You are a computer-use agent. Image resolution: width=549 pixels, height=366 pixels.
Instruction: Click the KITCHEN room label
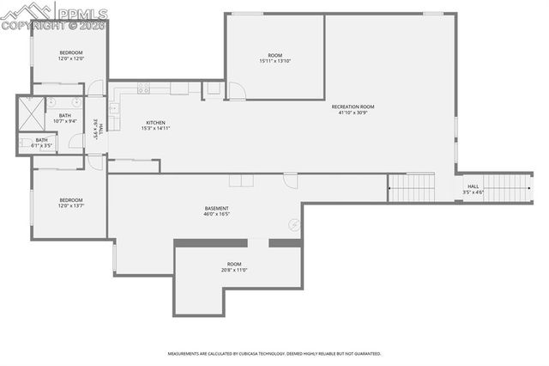155,123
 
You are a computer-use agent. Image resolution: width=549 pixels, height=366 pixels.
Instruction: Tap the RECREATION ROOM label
356,107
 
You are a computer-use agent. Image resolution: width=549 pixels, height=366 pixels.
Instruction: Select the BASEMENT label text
216,208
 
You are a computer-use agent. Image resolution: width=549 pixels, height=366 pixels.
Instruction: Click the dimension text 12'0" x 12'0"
70,59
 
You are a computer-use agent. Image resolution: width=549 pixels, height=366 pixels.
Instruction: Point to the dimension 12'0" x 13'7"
70,205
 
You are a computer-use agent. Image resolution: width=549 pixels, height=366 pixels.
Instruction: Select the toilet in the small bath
23,143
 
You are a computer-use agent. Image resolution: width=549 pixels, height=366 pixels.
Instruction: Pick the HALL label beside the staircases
474,186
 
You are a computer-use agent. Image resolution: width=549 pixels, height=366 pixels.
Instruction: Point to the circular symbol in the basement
294,224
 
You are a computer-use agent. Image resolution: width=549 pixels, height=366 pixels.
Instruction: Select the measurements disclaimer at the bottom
274,353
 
